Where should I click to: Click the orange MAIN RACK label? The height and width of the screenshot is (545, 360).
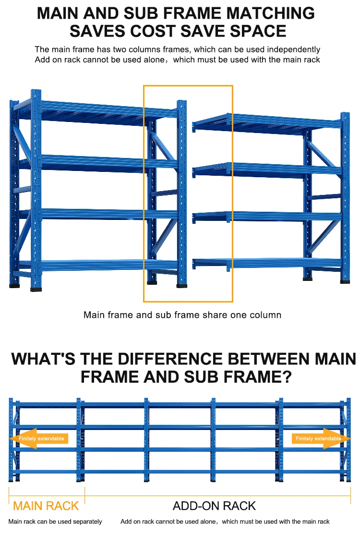(46, 506)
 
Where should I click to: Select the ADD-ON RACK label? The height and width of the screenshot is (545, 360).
(214, 506)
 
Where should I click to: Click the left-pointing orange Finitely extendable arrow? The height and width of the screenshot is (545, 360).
(39, 438)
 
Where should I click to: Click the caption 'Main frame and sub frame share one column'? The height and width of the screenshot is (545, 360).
(182, 315)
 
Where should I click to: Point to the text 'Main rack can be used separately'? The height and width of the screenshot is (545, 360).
(55, 521)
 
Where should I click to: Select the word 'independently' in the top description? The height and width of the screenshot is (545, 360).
(294, 49)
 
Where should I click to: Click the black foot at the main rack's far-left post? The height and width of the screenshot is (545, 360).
(14, 286)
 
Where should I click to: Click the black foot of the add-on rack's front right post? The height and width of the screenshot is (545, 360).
(345, 281)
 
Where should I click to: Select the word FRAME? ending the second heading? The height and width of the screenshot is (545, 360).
(256, 377)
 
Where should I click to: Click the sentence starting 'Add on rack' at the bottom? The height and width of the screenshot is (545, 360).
(225, 521)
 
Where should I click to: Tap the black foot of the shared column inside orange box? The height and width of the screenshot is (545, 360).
(182, 286)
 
